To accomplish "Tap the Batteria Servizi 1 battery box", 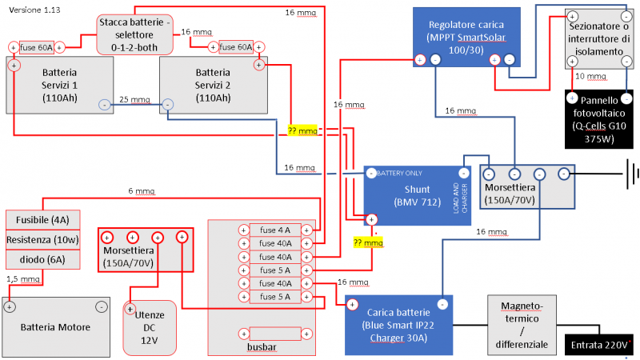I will pyautogui.click(x=59, y=85).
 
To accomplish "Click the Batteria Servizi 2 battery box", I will pyautogui.click(x=212, y=85).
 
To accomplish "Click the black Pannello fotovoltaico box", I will pyautogui.click(x=598, y=119).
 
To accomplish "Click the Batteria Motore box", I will pyautogui.click(x=55, y=326).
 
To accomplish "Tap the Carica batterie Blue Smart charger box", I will pyautogui.click(x=398, y=325).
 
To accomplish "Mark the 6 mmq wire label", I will pyautogui.click(x=142, y=191).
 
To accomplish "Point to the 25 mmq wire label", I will pyautogui.click(x=134, y=101).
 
